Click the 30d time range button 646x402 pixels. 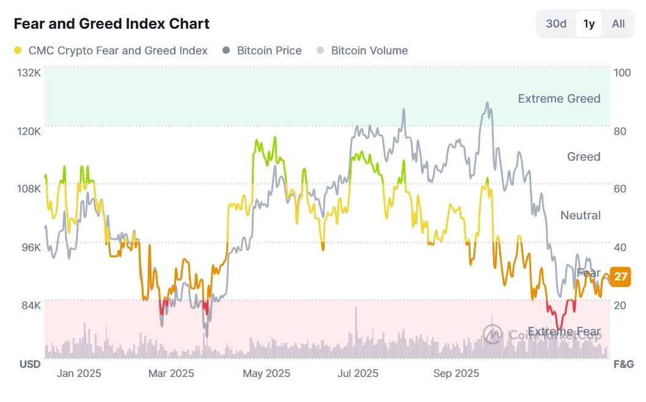point(556,24)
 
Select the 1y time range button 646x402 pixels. point(589,24)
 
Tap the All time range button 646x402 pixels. point(618,24)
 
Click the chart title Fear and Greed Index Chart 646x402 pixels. point(111,24)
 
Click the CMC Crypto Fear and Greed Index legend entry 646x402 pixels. point(111,51)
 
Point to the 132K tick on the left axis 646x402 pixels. point(29,73)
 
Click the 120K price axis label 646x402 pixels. point(29,131)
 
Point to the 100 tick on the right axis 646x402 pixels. point(622,73)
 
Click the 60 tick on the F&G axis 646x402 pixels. point(620,189)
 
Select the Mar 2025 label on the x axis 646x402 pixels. point(171,373)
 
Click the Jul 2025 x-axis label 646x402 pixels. point(358,373)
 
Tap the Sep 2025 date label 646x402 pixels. point(456,373)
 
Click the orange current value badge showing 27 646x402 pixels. point(621,277)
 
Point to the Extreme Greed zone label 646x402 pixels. point(559,98)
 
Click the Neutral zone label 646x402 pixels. point(580,215)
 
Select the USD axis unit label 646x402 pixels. point(30,364)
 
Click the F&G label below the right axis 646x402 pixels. point(623,364)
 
